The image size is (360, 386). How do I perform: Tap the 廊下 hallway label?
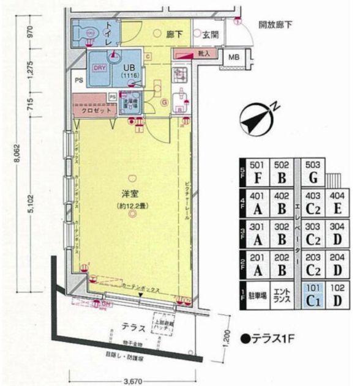click(176, 35)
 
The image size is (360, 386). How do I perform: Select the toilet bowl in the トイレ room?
click(90, 32)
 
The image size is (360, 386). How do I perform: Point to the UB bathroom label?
click(130, 68)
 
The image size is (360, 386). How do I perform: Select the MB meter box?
click(233, 58)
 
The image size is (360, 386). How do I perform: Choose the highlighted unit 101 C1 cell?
click(313, 295)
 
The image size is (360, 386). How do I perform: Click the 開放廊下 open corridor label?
click(276, 26)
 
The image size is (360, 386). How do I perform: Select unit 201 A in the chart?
click(256, 264)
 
